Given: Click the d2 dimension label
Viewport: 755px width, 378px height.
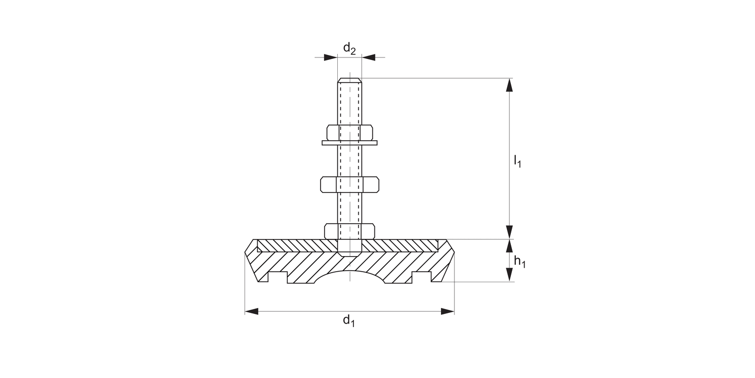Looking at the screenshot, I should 349,49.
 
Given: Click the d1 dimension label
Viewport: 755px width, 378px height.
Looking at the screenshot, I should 349,321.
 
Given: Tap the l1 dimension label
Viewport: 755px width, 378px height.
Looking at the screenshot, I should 517,161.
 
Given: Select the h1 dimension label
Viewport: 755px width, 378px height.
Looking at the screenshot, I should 519,262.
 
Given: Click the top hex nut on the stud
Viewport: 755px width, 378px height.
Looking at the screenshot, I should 350,132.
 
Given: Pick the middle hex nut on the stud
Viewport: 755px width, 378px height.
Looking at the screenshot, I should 349,184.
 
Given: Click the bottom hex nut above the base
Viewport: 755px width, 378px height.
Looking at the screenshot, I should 349,231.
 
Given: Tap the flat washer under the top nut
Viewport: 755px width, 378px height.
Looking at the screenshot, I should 349,143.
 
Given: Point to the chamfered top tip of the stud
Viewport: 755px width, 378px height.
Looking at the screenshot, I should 349,80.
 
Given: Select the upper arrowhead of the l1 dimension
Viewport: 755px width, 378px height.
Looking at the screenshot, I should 510,85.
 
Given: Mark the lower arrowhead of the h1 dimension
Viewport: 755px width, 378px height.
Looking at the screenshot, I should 510,274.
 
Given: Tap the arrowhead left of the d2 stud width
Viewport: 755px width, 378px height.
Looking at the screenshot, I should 330,57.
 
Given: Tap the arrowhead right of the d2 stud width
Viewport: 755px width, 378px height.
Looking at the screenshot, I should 368,57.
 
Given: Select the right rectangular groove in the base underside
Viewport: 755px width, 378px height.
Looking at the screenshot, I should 421,277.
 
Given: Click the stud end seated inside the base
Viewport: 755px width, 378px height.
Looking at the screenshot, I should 349,247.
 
